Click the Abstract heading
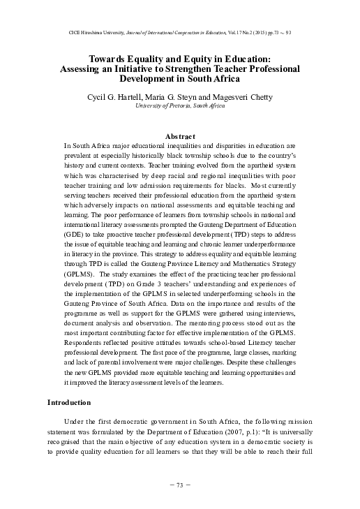(x=179, y=135)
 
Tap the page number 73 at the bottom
(x=180, y=484)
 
